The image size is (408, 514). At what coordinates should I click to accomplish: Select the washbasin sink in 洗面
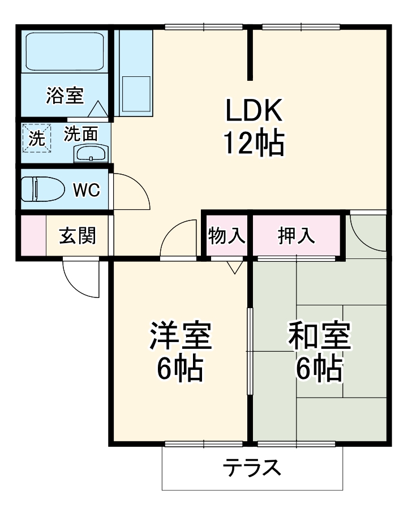[91, 153]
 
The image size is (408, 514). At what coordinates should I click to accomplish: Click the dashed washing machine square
[37, 138]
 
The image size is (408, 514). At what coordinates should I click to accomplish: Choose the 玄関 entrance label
[78, 235]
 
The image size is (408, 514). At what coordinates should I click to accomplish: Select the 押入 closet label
[296, 235]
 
